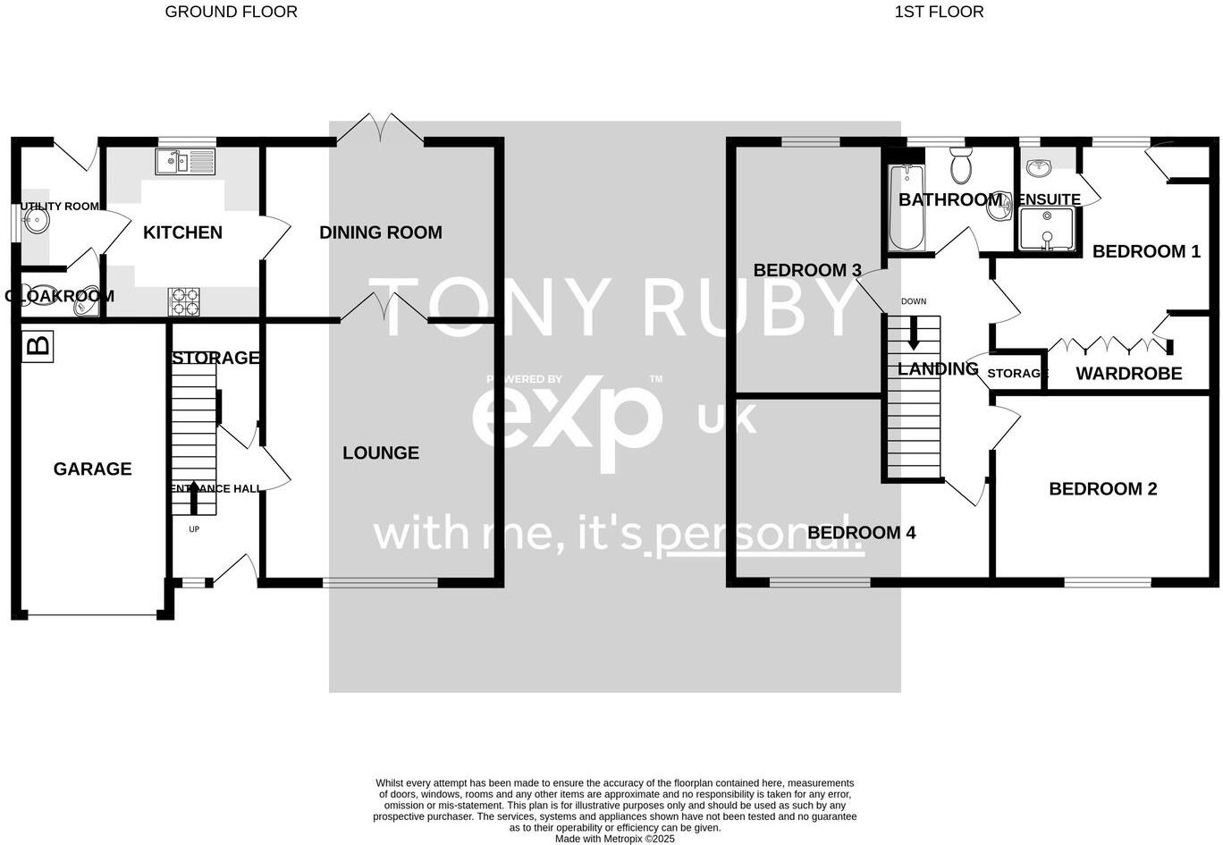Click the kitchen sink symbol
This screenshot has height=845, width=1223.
click(x=185, y=162)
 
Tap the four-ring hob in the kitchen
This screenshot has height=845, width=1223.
click(x=184, y=301)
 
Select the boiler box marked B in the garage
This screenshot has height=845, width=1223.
click(x=38, y=346)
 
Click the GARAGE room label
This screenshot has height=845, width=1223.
click(x=92, y=469)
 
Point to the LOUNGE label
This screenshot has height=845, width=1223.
click(x=381, y=453)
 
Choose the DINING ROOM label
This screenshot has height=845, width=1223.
click(x=381, y=232)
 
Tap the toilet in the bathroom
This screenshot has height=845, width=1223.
click(x=961, y=165)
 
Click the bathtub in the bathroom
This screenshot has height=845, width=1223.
click(x=905, y=207)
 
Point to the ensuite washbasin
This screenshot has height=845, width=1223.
click(x=1038, y=167)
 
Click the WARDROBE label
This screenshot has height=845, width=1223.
click(x=1128, y=374)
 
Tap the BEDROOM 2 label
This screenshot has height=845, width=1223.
click(x=1102, y=489)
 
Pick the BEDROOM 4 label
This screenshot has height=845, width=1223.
click(x=861, y=533)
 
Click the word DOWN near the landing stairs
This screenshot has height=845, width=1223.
click(x=914, y=301)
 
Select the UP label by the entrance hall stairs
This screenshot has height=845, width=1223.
click(x=194, y=529)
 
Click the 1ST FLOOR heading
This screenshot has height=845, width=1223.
click(x=939, y=12)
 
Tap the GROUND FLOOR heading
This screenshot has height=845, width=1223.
click(x=231, y=12)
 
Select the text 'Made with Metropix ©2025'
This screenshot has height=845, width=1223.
click(x=615, y=839)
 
